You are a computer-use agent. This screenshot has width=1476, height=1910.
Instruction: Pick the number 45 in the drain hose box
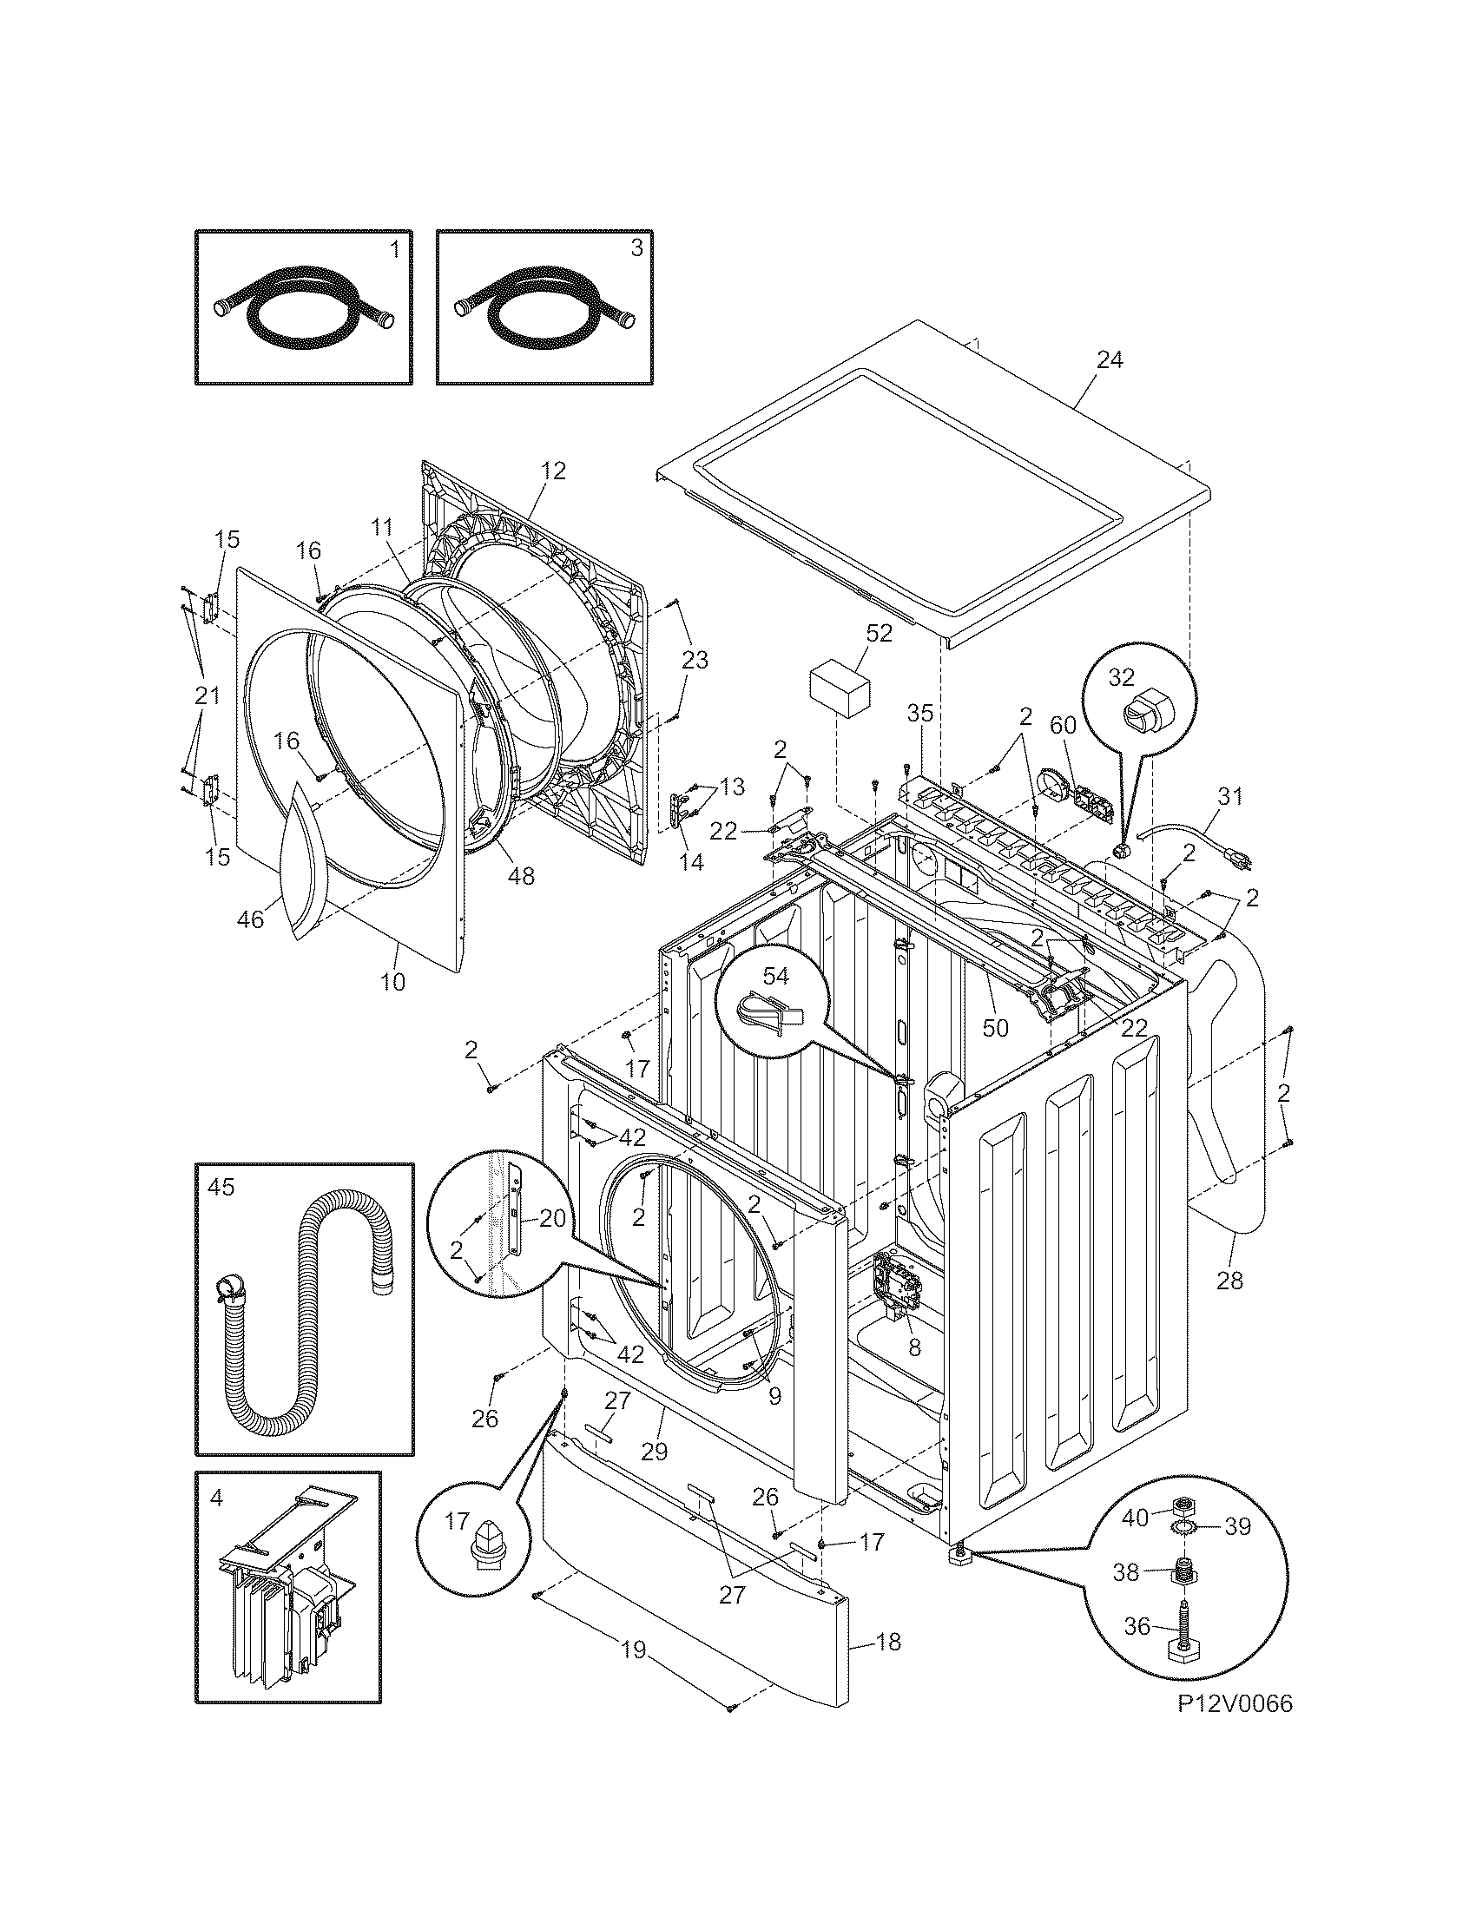click(x=221, y=1187)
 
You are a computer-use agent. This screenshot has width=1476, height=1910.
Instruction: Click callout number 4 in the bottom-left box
click(x=216, y=1498)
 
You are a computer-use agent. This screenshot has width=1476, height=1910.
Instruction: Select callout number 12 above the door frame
click(x=552, y=471)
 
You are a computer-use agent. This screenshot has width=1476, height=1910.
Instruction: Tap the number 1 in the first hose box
click(x=394, y=249)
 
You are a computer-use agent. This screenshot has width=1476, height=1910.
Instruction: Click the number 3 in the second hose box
click(x=636, y=249)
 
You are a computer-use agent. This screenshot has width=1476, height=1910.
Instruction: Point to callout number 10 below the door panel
click(x=392, y=982)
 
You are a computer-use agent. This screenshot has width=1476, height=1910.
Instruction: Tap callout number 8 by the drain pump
click(x=913, y=1347)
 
